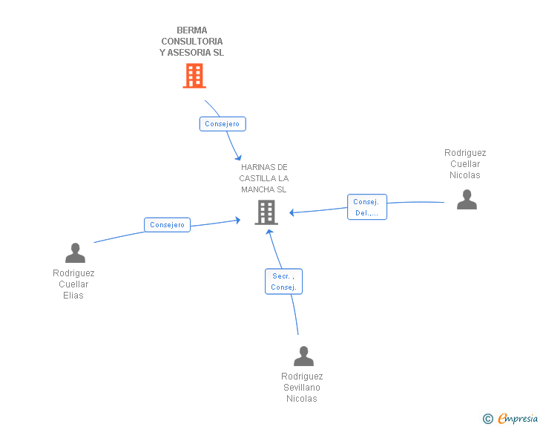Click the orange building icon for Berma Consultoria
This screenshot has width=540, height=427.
194,76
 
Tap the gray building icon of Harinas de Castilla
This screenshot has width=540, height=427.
266,212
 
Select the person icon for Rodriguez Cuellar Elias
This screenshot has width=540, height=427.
75,252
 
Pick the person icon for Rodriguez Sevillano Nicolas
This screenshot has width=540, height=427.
304,356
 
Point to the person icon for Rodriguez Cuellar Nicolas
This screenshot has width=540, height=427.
467,199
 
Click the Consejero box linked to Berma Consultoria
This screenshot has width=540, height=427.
223,124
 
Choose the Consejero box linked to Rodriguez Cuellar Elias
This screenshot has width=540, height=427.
167,225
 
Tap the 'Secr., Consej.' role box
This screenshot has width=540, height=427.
284,281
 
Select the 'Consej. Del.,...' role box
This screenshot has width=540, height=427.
367,207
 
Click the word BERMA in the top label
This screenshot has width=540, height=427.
192,30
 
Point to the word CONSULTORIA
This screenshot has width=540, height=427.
192,42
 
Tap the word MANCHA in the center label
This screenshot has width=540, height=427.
253,189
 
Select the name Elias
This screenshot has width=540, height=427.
73,296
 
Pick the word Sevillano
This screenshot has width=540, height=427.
302,388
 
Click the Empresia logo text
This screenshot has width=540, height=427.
518,418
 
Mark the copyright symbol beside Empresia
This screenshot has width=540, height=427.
488,419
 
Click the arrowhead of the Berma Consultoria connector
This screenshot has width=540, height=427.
238,158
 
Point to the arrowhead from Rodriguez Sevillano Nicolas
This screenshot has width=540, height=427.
269,232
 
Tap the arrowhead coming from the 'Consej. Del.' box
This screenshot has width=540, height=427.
292,212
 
